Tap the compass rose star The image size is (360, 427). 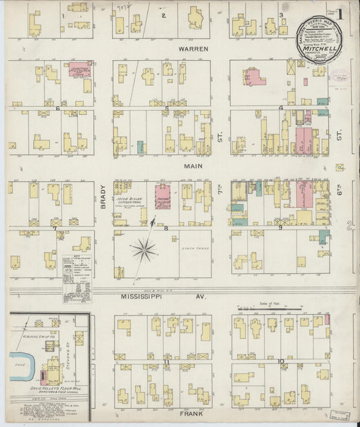[x=144, y=251]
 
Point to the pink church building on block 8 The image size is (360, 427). [x=163, y=195]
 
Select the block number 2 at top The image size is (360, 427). [x=163, y=15]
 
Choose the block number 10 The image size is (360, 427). [x=280, y=362]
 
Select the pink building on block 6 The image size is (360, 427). [x=80, y=70]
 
